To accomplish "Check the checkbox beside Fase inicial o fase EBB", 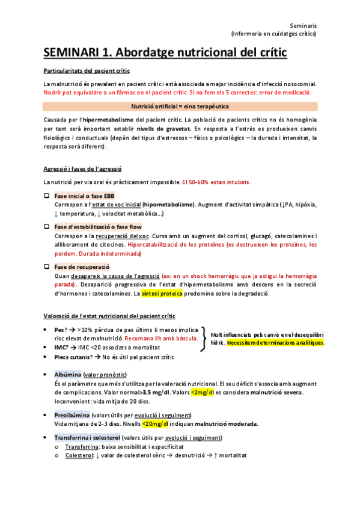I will point(47,196).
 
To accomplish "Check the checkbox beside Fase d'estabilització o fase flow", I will point(47,227).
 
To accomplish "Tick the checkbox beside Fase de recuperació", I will point(47,266).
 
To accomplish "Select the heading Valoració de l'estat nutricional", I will point(110,316).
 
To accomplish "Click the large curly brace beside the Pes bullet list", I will point(205,339).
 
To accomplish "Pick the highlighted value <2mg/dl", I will point(203,393).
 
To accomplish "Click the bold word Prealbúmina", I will point(72,415).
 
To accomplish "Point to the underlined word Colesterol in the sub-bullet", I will point(79,455).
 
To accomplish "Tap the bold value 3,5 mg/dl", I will point(158,393).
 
